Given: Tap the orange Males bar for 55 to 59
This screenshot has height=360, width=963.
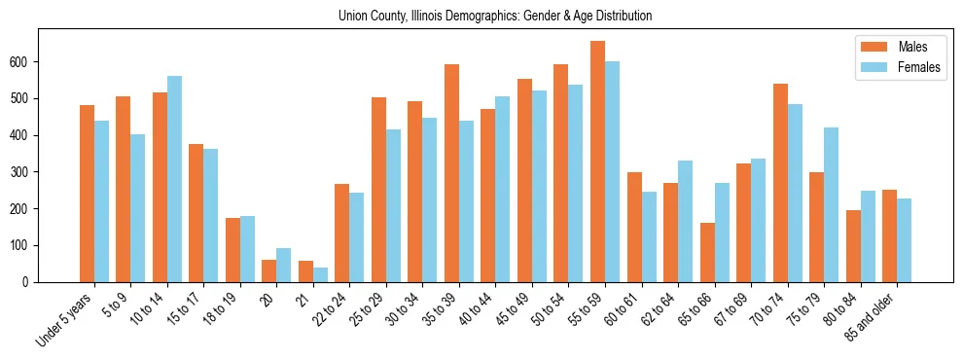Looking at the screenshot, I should coord(597,162).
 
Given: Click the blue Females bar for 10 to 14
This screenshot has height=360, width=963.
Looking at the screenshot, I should coord(174,179).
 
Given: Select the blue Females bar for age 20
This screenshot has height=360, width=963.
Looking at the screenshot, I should coord(284,265).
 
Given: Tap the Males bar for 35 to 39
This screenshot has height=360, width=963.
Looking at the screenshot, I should coord(451,173).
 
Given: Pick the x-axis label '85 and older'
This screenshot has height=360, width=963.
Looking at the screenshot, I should coord(881,313).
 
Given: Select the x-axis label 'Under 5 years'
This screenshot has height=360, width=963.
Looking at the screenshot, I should coord(64,317).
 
